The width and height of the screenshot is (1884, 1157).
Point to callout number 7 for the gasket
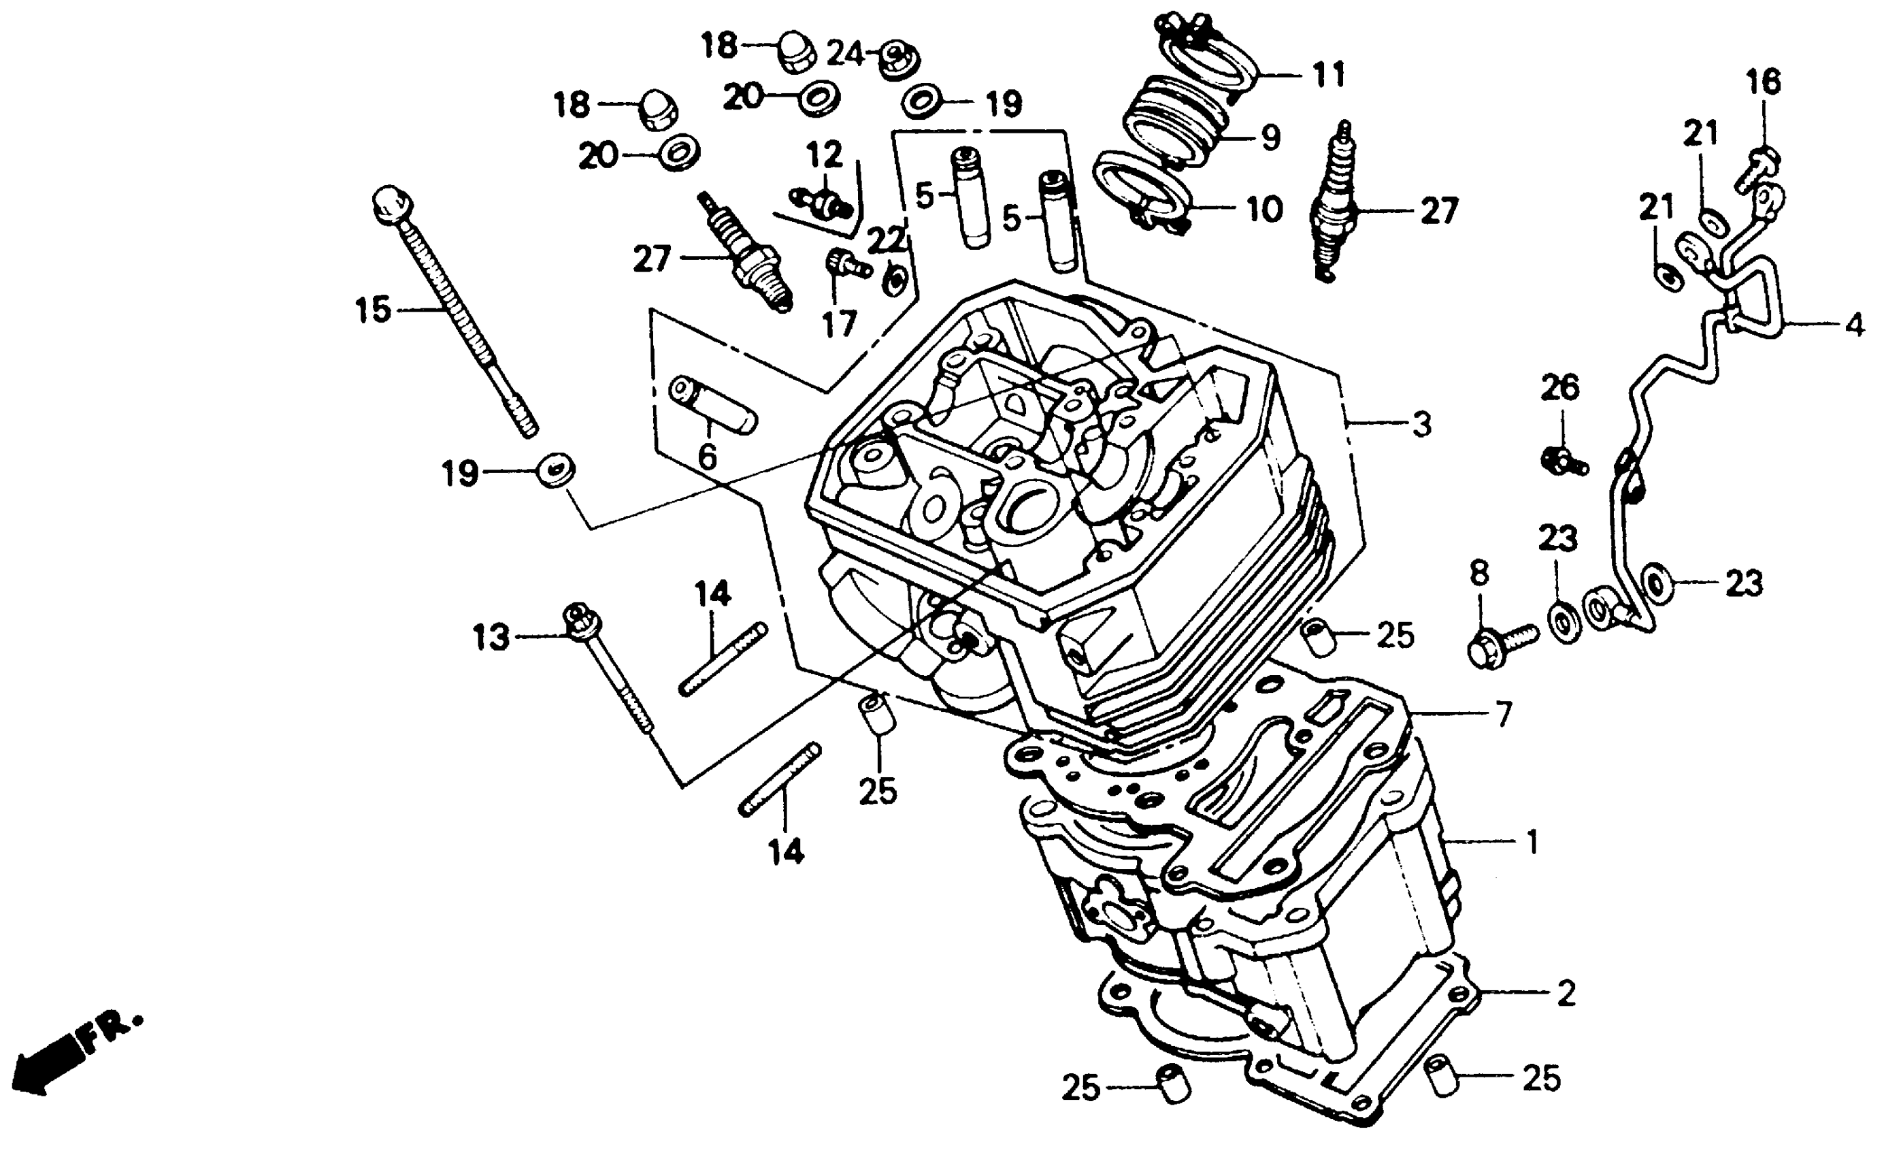point(1503,715)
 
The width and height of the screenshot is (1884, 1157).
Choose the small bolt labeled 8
point(1500,647)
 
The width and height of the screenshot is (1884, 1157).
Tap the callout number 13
point(491,636)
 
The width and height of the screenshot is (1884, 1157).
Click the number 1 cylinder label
point(1531,843)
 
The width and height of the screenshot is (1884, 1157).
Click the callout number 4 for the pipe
point(1853,326)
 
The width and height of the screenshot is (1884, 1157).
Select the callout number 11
point(1329,75)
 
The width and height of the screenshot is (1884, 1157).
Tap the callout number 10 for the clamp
point(1263,208)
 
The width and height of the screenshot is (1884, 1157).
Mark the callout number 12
point(823,155)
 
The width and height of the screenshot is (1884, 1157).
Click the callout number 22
point(886,241)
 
